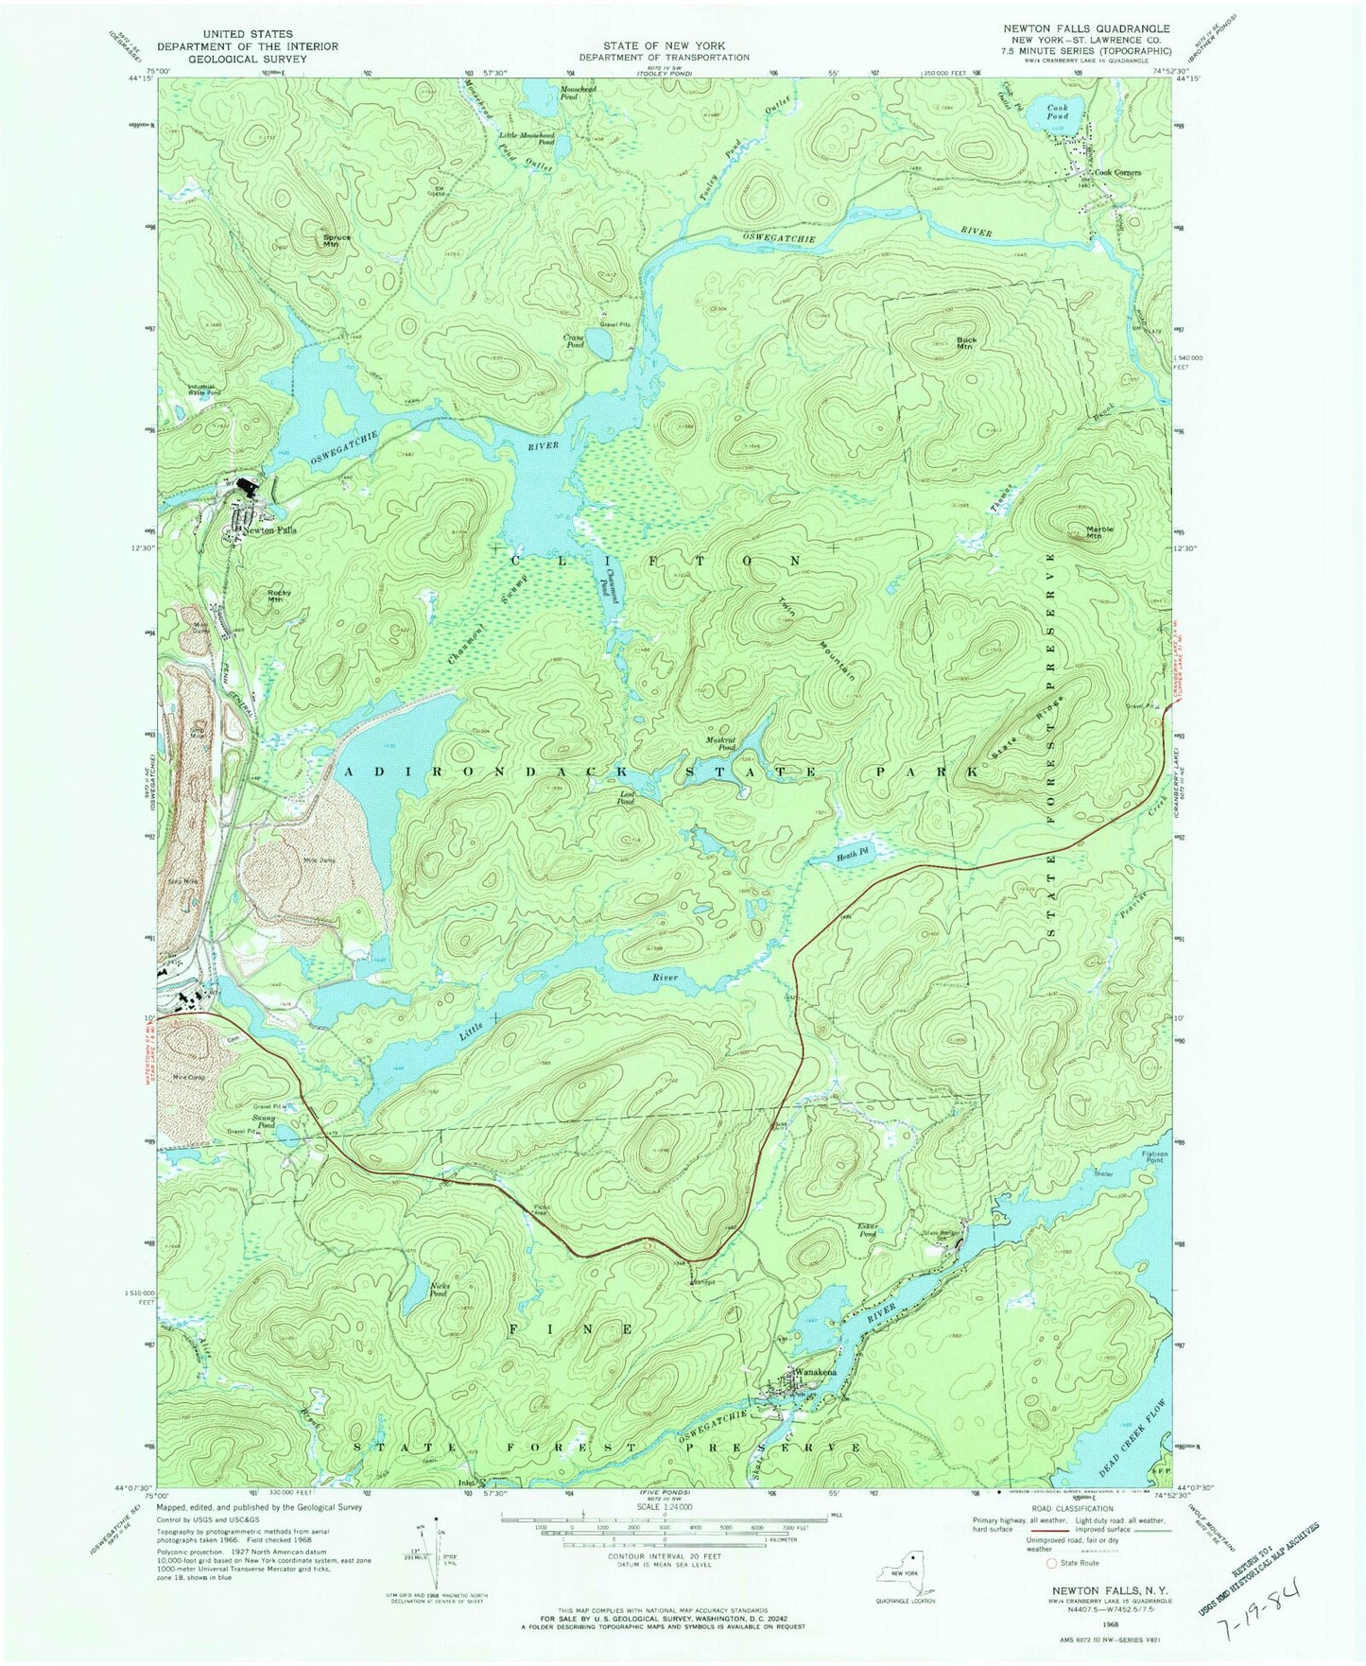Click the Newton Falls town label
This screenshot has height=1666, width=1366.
tap(269, 530)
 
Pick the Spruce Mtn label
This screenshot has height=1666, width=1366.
tap(330, 240)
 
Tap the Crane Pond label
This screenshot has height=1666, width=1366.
tap(574, 341)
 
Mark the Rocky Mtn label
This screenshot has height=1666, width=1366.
tap(273, 596)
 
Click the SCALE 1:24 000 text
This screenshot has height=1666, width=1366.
tap(665, 1506)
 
